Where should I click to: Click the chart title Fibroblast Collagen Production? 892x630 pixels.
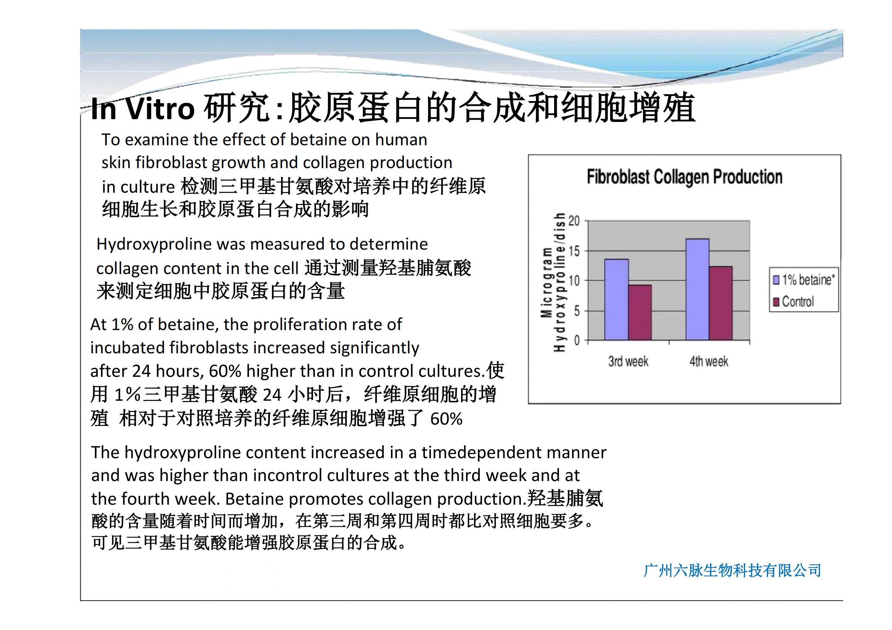coord(684,177)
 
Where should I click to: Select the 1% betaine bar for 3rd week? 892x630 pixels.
coord(617,300)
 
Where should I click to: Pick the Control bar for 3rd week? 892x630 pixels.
coord(640,313)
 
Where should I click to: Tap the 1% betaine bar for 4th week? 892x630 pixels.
coord(698,290)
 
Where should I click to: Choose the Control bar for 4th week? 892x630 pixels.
coord(721,303)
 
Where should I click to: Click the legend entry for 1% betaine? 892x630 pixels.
coord(804,280)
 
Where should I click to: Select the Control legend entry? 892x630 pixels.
coord(793,301)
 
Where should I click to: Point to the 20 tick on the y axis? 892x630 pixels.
coord(574,221)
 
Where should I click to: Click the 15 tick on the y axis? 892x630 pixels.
coord(574,251)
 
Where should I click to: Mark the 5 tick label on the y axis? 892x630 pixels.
coord(577,311)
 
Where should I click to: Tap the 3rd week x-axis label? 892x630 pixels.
coord(628,361)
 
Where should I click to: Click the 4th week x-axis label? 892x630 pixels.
coord(709,361)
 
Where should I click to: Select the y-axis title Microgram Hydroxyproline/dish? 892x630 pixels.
coord(553,282)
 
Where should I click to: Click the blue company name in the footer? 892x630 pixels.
coord(732,571)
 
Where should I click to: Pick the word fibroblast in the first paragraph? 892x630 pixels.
coord(171,163)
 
